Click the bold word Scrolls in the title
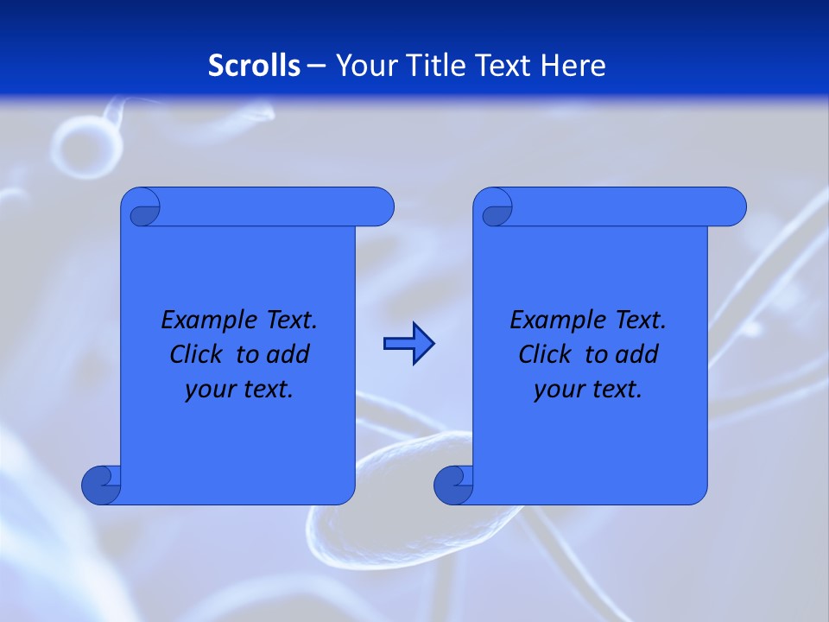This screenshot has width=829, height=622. [255, 66]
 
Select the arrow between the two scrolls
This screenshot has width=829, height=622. [408, 344]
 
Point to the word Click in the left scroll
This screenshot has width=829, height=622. [198, 354]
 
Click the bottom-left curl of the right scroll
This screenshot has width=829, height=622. [454, 486]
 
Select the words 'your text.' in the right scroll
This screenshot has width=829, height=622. [588, 390]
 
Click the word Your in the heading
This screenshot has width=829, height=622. [364, 66]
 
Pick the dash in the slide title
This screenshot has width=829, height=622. [317, 67]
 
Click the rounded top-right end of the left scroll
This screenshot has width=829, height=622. [380, 207]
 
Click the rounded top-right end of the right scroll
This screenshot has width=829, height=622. [732, 207]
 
